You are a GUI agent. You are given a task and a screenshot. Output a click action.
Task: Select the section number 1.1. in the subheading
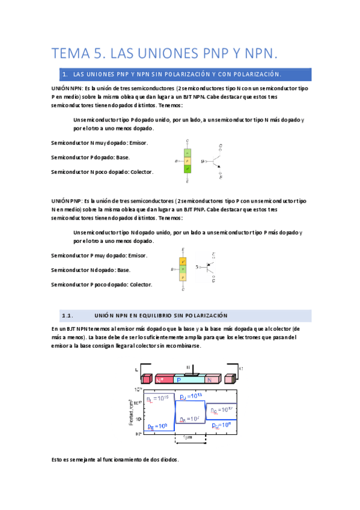pos(67,315)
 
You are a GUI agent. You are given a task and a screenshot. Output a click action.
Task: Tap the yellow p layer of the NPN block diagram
pos(188,161)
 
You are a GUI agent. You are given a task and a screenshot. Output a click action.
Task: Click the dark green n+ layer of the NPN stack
pos(188,170)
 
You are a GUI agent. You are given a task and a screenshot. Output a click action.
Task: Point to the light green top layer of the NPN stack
pos(188,153)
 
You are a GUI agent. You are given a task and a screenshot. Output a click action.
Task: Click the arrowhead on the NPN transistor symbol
pos(219,168)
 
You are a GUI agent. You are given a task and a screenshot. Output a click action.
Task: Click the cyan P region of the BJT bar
pos(189,379)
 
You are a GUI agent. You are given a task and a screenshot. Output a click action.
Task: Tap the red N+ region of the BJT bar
pos(162,379)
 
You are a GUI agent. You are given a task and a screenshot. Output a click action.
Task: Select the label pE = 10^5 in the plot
pos(157,426)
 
